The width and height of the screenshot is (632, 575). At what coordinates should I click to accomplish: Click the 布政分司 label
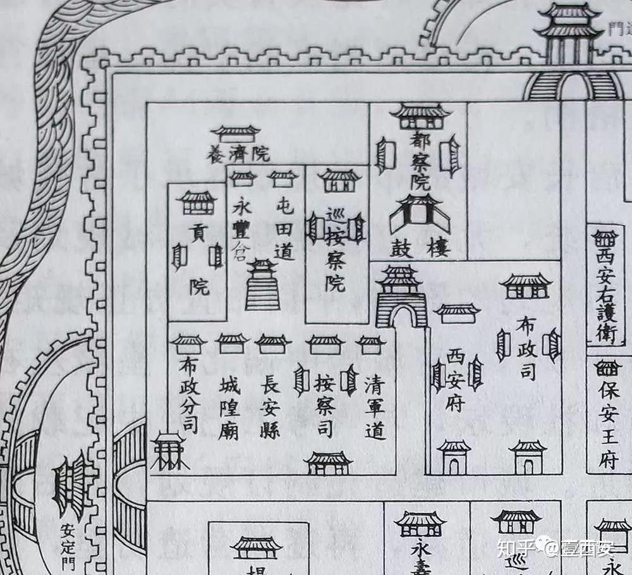click(x=188, y=395)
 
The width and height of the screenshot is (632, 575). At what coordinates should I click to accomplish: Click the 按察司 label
click(x=324, y=405)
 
